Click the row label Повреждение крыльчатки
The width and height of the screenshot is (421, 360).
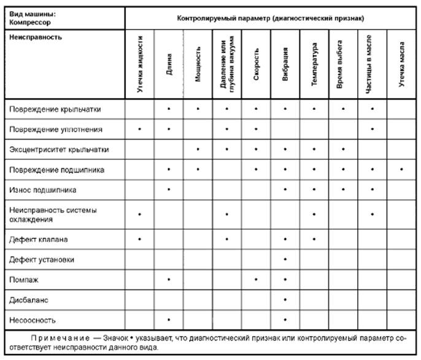coord(55,109)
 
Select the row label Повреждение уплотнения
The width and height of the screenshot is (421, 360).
coord(56,130)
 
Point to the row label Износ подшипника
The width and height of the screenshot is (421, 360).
coord(43,189)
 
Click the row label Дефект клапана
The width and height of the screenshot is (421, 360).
coord(39,238)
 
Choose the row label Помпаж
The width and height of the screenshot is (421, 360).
coord(24,280)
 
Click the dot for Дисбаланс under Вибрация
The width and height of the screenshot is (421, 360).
coord(285,299)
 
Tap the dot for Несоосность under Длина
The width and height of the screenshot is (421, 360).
coord(169,319)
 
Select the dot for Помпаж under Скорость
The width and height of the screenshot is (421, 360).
coord(257,280)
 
